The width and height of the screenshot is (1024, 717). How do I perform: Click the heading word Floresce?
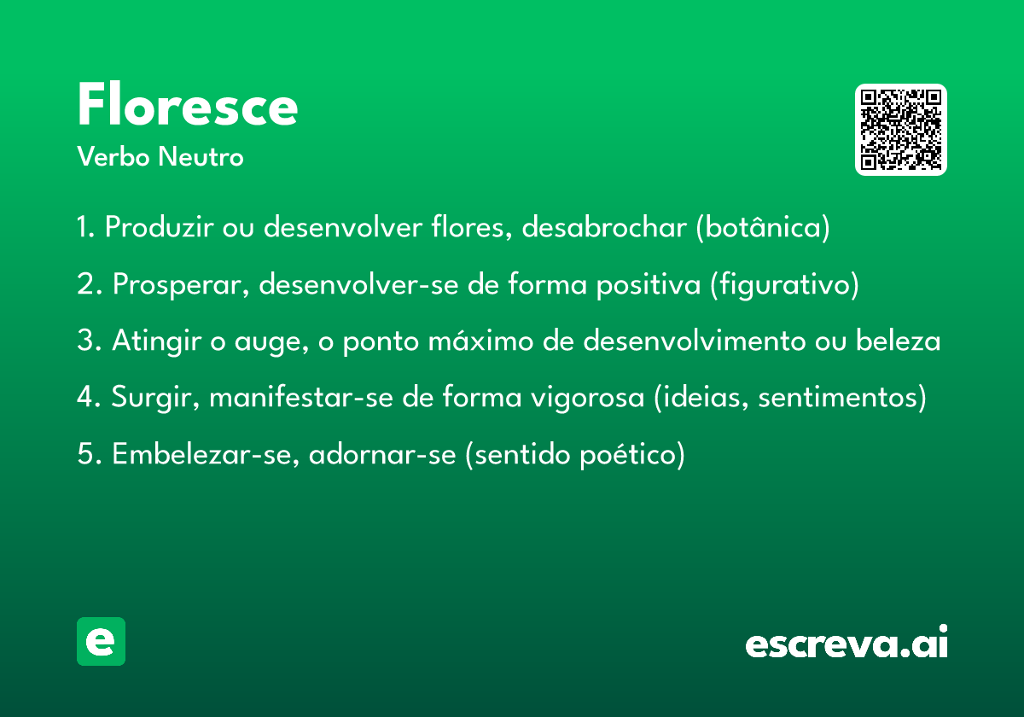(188, 104)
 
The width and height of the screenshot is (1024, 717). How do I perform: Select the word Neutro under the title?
(201, 156)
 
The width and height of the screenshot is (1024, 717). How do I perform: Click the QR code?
(900, 130)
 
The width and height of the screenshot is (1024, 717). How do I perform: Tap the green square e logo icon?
(101, 641)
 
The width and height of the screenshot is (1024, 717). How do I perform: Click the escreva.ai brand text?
(847, 641)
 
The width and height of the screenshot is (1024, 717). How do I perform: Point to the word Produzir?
(159, 226)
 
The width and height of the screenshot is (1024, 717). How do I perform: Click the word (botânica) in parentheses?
(763, 227)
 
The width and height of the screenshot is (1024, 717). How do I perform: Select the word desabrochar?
(604, 226)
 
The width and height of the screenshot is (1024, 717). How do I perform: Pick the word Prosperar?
(181, 284)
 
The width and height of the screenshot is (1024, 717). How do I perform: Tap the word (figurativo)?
(784, 284)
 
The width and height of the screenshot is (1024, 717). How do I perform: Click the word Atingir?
(157, 341)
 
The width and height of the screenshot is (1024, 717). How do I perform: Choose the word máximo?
(480, 341)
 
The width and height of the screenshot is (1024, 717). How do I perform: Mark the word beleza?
(898, 341)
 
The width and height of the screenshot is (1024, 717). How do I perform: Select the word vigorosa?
(587, 398)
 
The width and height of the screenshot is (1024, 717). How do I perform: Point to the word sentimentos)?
(842, 398)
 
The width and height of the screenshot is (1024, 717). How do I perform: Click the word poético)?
(632, 455)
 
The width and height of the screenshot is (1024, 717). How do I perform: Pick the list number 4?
(85, 396)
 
